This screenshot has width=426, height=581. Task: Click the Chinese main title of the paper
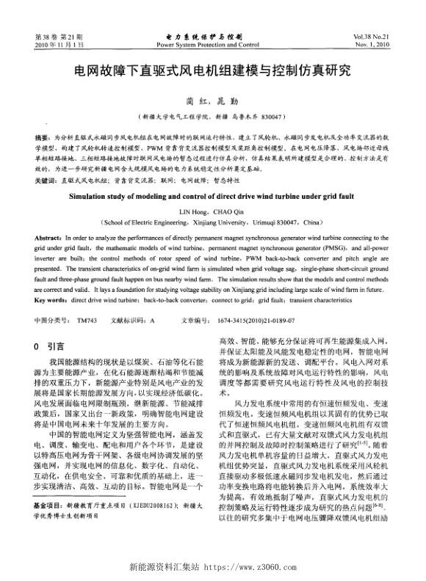(x=213, y=72)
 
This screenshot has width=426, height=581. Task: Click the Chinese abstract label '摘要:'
(x=44, y=137)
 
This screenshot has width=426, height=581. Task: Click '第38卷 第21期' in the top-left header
(x=59, y=37)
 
